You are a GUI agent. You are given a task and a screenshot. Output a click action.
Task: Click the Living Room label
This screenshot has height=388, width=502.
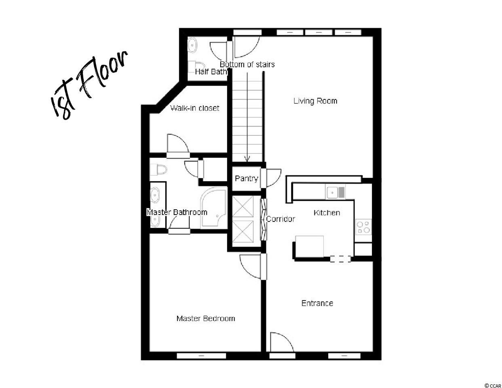coord(315,101)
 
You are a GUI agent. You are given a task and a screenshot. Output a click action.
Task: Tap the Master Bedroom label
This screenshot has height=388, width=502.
coord(206,318)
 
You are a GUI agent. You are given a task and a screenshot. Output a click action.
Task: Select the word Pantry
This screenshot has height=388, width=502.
coord(246,179)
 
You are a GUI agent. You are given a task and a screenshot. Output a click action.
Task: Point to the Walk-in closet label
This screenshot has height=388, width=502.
coord(194,108)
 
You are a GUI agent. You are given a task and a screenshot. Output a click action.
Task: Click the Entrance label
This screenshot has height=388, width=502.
coord(317,303)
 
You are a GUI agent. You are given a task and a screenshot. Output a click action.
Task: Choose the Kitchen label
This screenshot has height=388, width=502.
coord(327,213)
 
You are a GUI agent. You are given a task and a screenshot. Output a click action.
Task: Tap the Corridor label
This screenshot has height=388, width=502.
coord(281,219)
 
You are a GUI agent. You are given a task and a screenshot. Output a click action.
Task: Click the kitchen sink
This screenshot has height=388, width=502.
coord(335,192)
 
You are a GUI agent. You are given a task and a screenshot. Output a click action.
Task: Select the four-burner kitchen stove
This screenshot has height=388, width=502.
coord(363,227)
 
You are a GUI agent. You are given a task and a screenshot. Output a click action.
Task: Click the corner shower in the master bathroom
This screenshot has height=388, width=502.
coord(213,208)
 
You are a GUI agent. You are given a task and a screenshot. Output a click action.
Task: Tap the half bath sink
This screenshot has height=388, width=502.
coord(192,46)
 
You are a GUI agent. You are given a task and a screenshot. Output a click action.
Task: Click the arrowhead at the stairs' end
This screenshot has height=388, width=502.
coord(247,159)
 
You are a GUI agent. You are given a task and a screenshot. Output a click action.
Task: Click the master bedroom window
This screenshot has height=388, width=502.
coord(201,356)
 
